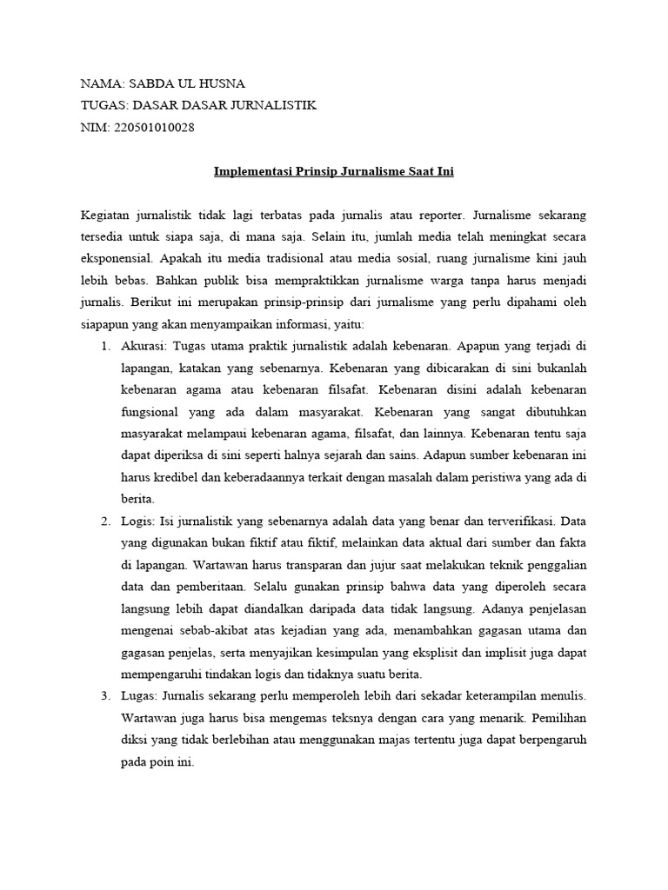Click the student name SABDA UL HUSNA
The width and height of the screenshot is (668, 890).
click(x=186, y=84)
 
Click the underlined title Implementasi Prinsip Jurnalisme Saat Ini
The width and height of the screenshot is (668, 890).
click(x=334, y=171)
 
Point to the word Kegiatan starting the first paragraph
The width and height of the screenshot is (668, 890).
click(x=105, y=214)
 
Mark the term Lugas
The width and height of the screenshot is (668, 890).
click(x=139, y=696)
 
